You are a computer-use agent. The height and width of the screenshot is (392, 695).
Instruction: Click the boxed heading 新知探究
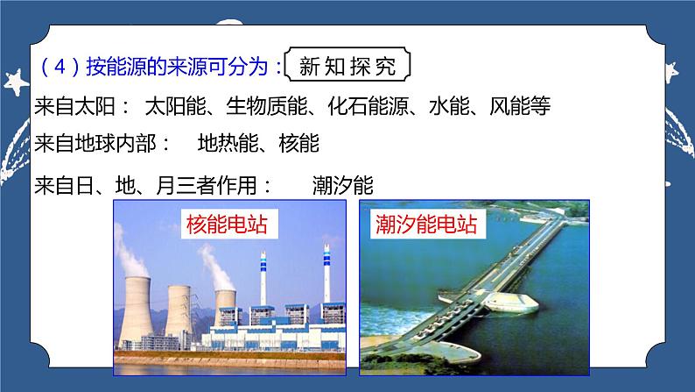(x=347, y=67)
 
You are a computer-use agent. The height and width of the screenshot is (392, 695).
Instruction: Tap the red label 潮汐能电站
(x=425, y=225)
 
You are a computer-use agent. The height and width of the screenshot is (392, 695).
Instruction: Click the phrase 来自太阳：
(x=82, y=108)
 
